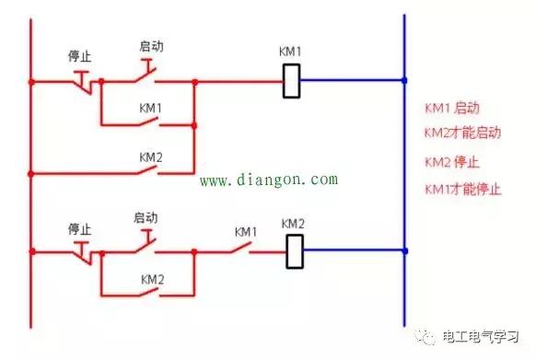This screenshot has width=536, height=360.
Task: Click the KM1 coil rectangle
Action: tap(292, 80)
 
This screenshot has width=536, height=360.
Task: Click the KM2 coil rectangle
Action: tap(294, 250)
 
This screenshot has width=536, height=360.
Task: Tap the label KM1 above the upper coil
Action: tap(291, 52)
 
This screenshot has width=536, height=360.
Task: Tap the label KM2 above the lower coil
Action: tap(293, 224)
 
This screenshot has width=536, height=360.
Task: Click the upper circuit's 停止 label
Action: tap(79, 56)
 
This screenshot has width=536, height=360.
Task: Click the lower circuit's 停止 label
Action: tap(79, 226)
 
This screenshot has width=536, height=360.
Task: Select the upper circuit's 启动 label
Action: tap(150, 44)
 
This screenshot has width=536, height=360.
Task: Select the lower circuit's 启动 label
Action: tap(146, 217)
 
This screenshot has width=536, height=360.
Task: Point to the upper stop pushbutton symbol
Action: tap(83, 81)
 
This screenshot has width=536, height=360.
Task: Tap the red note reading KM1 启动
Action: tap(452, 109)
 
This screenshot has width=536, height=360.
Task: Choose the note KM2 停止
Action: tap(452, 162)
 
